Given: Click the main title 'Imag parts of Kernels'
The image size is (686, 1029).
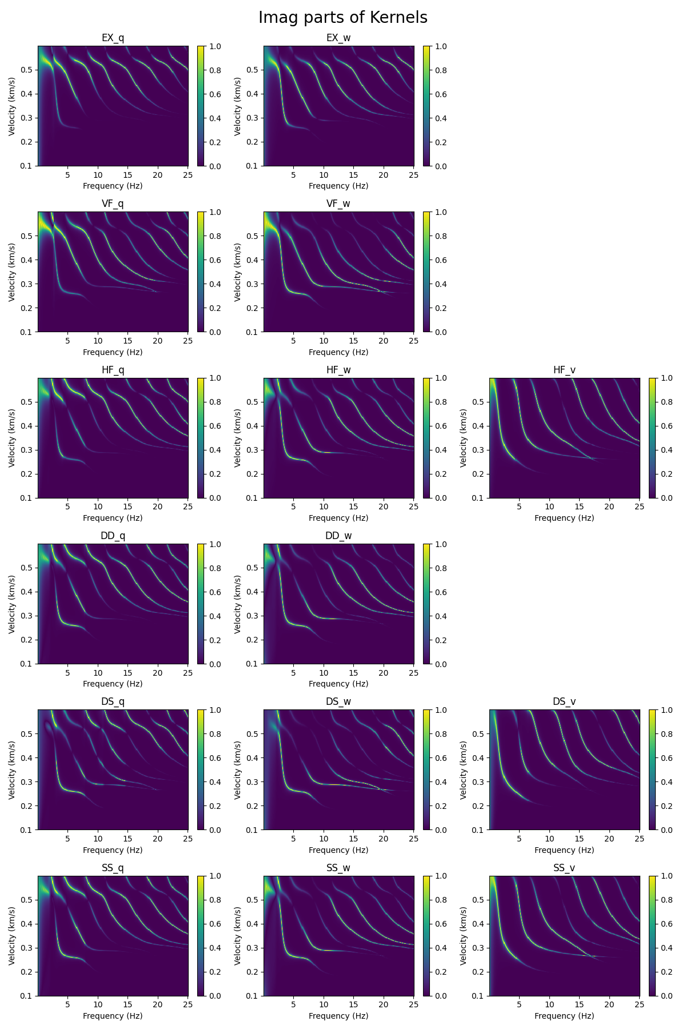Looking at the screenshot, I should coord(342,18).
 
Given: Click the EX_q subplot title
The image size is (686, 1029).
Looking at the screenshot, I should coord(113,38).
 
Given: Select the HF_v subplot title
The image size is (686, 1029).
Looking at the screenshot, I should coord(564,370).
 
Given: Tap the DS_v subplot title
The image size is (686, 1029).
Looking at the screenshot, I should coord(564,702).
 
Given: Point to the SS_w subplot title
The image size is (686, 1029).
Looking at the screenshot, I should coord(338,868).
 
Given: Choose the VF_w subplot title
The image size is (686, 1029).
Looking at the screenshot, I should coord(338,204).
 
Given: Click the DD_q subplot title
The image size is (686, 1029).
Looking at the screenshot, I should coord(113,536).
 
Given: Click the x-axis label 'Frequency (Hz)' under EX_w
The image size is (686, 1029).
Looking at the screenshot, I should coord(338,186).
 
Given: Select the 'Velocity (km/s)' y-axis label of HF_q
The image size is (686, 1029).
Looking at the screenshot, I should coord(12,438).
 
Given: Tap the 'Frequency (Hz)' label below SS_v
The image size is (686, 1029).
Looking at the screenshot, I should coord(564,1016).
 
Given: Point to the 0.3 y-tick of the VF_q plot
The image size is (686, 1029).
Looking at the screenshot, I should coord(28,284).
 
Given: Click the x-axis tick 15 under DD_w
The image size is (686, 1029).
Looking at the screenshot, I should coord(353,673).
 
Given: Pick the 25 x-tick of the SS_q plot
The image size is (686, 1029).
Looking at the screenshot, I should coord(188,1005).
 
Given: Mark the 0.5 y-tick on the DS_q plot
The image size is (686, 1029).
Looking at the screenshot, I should coord(28,734).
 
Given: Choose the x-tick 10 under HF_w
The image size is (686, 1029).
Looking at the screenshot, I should coord(324,507).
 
